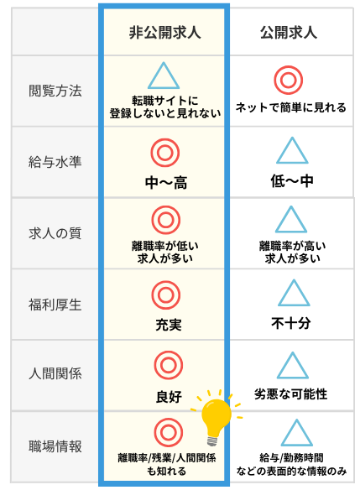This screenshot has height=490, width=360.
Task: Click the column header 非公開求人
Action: point(164,33)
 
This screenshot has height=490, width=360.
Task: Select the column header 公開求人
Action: point(289,33)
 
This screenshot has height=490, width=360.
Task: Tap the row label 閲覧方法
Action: point(55,91)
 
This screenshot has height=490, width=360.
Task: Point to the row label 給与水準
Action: point(55,162)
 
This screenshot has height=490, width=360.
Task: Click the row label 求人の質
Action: point(55,233)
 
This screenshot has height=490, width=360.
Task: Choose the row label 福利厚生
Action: point(55,305)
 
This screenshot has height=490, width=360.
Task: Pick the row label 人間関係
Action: point(55,373)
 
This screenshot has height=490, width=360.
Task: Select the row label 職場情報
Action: point(55,446)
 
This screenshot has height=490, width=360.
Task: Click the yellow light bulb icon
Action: point(217,415)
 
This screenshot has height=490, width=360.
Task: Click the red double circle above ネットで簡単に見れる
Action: point(289,80)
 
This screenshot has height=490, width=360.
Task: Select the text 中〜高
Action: point(166,183)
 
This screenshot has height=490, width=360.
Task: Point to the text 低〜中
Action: point(292,181)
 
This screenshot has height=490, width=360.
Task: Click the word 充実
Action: point(169,325)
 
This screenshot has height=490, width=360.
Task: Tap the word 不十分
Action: point(290,323)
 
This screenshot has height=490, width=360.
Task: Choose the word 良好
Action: point(169,397)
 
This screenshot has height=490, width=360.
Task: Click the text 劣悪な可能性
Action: point(290,394)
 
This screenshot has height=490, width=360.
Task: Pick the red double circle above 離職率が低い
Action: point(166,220)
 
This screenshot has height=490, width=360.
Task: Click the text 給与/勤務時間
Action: point(291,458)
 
